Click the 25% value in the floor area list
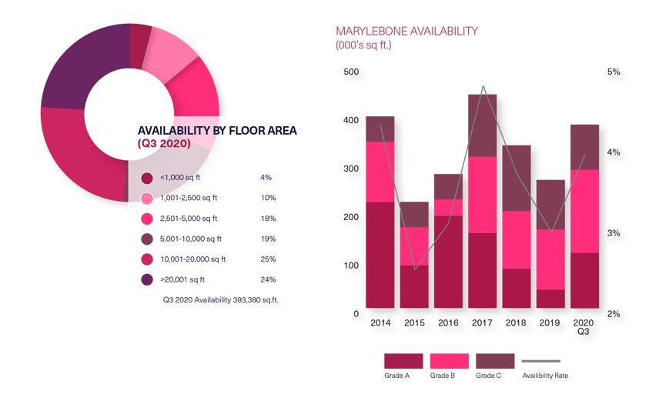point(268,259)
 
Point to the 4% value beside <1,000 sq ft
point(266,178)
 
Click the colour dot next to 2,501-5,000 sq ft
point(146,219)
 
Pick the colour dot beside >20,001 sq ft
point(146,280)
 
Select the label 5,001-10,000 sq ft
point(190,239)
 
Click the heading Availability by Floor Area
point(216,131)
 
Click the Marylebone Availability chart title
point(406,32)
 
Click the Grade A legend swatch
point(403,361)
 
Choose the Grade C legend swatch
point(495,361)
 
